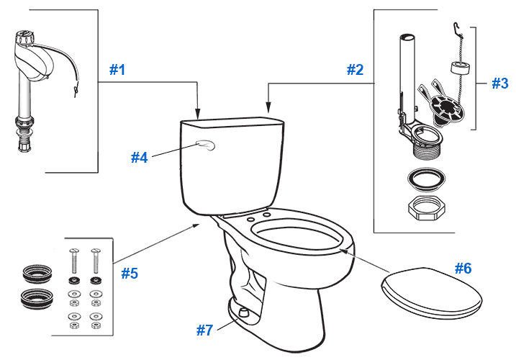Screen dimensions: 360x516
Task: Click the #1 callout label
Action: pyautogui.click(x=117, y=70)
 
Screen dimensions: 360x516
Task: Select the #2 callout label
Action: pyautogui.click(x=355, y=70)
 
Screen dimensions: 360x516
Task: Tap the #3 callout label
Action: pyautogui.click(x=500, y=83)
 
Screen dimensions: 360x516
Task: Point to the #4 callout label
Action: pyautogui.click(x=139, y=156)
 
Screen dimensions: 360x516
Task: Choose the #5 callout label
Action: pyautogui.click(x=129, y=273)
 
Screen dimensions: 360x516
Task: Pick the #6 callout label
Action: pyautogui.click(x=463, y=268)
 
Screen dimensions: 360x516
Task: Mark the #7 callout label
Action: pyautogui.click(x=205, y=330)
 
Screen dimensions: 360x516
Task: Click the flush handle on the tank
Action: pyautogui.click(x=206, y=147)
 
